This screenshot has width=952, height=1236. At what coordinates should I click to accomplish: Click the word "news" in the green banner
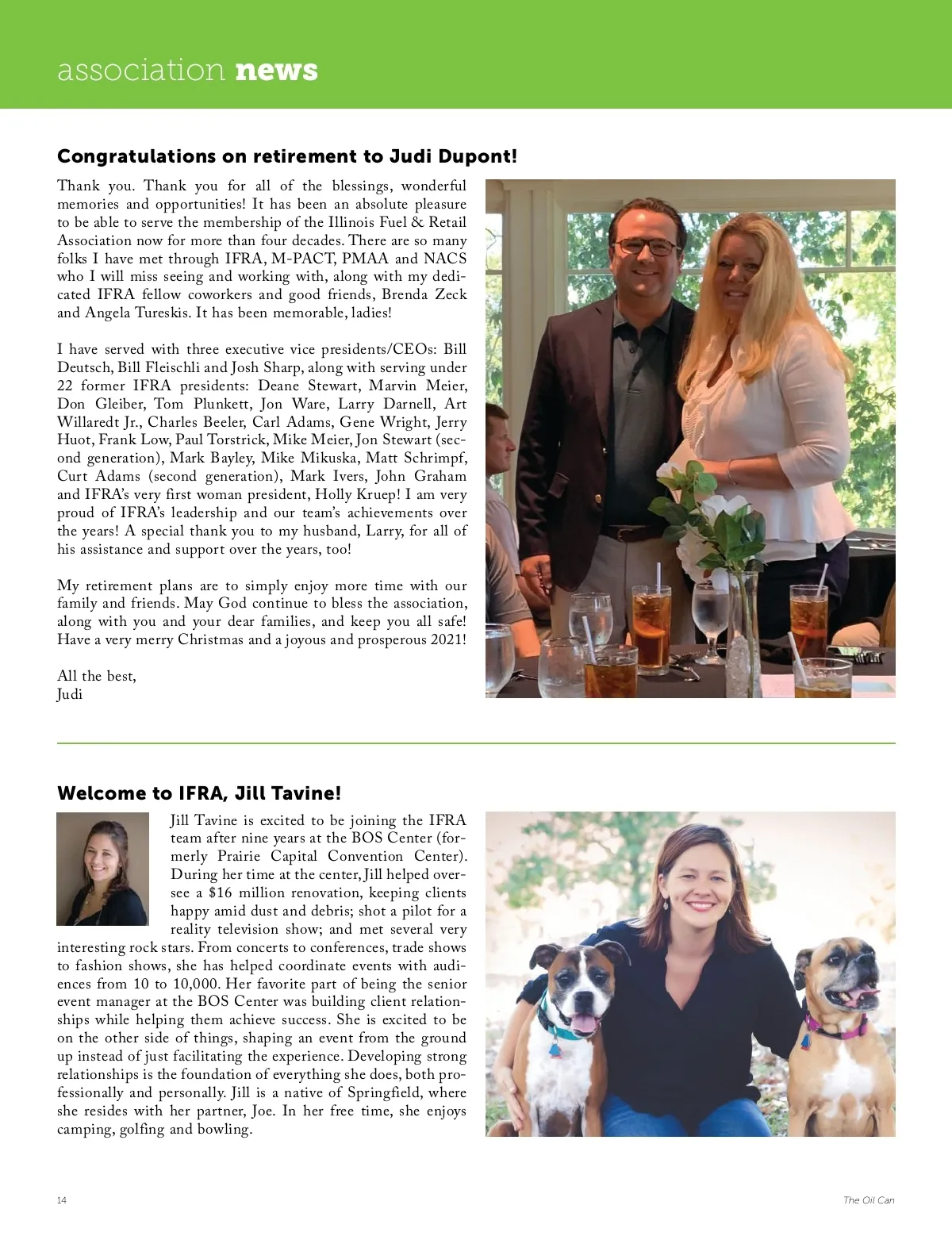277,71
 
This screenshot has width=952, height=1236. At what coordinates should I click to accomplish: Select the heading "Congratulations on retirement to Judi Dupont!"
286,156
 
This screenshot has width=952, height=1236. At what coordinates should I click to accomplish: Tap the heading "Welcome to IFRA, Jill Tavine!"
199,793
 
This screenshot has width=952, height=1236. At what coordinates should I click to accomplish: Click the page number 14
62,1200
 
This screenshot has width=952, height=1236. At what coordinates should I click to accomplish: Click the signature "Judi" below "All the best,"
70,695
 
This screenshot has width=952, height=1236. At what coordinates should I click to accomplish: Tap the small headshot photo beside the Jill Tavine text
102,869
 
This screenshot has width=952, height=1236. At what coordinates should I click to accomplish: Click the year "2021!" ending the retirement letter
447,640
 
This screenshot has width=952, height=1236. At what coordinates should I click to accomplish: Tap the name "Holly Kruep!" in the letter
358,495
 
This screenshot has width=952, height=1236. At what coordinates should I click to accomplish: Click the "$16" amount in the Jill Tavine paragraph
220,893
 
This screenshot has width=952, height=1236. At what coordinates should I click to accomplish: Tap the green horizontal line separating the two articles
476,743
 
